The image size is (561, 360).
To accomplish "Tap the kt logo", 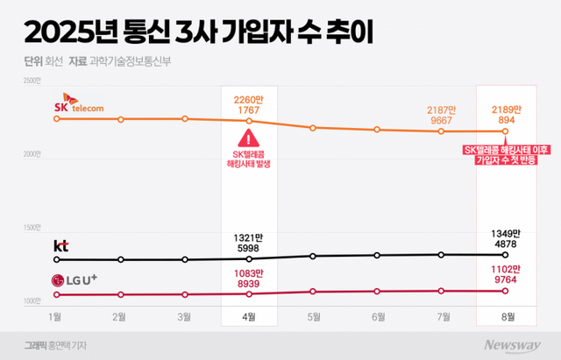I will click(x=61, y=245).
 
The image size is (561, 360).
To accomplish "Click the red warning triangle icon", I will click(x=249, y=138).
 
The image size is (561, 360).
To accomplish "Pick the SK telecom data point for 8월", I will click(x=505, y=131).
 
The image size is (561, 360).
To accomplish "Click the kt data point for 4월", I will click(x=249, y=258).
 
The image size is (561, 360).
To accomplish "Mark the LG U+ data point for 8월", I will click(x=505, y=291).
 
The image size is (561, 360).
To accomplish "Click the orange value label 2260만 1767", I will click(x=249, y=104).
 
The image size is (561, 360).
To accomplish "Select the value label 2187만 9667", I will click(x=441, y=116).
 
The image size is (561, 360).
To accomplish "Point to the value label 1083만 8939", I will click(x=249, y=279).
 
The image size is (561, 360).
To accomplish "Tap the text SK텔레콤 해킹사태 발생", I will click(x=249, y=159).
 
